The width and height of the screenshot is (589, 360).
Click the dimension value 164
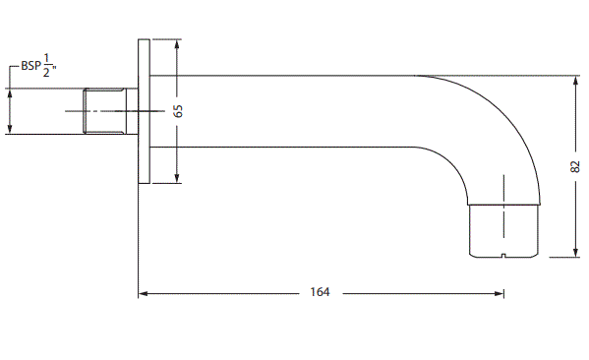(320, 292)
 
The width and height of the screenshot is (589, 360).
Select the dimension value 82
(575, 166)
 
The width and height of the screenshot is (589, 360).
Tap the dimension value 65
(178, 111)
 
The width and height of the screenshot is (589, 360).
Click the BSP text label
(30, 66)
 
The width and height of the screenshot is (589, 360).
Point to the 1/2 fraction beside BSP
(46, 66)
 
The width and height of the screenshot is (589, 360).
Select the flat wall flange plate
(144, 111)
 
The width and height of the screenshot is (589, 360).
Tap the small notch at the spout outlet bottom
(503, 256)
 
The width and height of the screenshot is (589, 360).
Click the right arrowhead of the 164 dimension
(500, 293)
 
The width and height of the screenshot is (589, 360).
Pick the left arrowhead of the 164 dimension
(144, 293)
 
